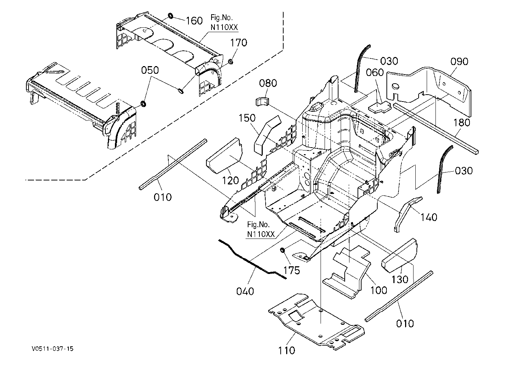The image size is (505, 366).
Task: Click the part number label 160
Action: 194,21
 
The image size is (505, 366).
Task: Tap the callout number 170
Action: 239,42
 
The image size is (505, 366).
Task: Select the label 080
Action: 268,83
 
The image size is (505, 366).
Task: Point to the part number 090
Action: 460,61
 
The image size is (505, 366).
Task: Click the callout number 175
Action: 292,270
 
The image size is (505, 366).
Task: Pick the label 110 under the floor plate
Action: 287,350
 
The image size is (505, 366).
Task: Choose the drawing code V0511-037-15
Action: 53,349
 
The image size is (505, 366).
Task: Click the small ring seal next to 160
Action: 171,16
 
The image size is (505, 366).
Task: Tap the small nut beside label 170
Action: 230,61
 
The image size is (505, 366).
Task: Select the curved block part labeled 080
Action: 262,101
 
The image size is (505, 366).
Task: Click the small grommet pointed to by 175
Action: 282,250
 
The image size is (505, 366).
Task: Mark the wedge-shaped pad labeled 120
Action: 224,156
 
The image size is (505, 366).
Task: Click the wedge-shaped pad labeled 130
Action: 399,255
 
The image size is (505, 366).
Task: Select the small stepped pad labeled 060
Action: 379,107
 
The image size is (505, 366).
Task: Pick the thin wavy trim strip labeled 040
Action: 252,259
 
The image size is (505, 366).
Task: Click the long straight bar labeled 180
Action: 435,129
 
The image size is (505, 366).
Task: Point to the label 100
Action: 379,290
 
